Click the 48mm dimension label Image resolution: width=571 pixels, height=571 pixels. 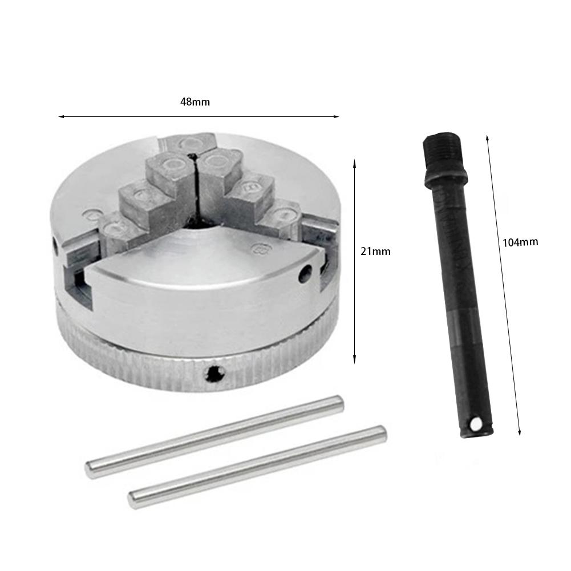pos(195,102)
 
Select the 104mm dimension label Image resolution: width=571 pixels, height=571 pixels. pos(520,242)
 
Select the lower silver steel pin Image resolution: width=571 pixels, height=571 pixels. pos(257,466)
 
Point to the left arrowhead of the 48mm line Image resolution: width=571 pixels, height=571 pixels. pos(60,117)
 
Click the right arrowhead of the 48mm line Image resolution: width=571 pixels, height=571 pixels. pos(338,117)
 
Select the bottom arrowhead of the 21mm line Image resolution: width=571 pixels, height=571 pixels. pos(355,361)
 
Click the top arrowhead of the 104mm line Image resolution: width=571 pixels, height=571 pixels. pos(487,137)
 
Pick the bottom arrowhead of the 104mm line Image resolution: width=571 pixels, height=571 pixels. pos(519,434)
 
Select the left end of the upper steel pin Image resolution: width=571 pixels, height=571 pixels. pos(90,469)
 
